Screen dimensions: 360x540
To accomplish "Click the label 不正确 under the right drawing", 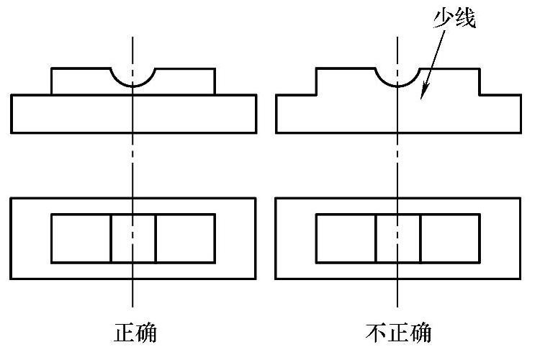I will point(399,333).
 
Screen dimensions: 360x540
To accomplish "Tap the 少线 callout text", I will point(454,19).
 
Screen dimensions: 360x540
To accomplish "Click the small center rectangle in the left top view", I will point(133,238).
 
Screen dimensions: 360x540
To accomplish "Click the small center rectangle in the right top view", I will point(398,238).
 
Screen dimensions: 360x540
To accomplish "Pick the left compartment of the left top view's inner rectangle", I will point(81,238).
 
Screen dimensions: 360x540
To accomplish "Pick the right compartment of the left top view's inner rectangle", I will point(185,238).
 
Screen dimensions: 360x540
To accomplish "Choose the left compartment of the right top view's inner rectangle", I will point(346,238).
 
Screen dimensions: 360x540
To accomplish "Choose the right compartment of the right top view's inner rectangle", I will point(450,238).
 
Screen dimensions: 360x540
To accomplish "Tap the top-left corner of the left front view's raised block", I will point(51,69).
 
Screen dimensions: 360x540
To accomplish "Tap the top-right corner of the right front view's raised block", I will point(480,69).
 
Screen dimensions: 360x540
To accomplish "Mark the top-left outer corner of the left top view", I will point(12,198).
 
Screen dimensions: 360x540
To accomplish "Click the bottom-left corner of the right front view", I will point(276,132).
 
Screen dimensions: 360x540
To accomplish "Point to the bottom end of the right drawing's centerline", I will point(398,306).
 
